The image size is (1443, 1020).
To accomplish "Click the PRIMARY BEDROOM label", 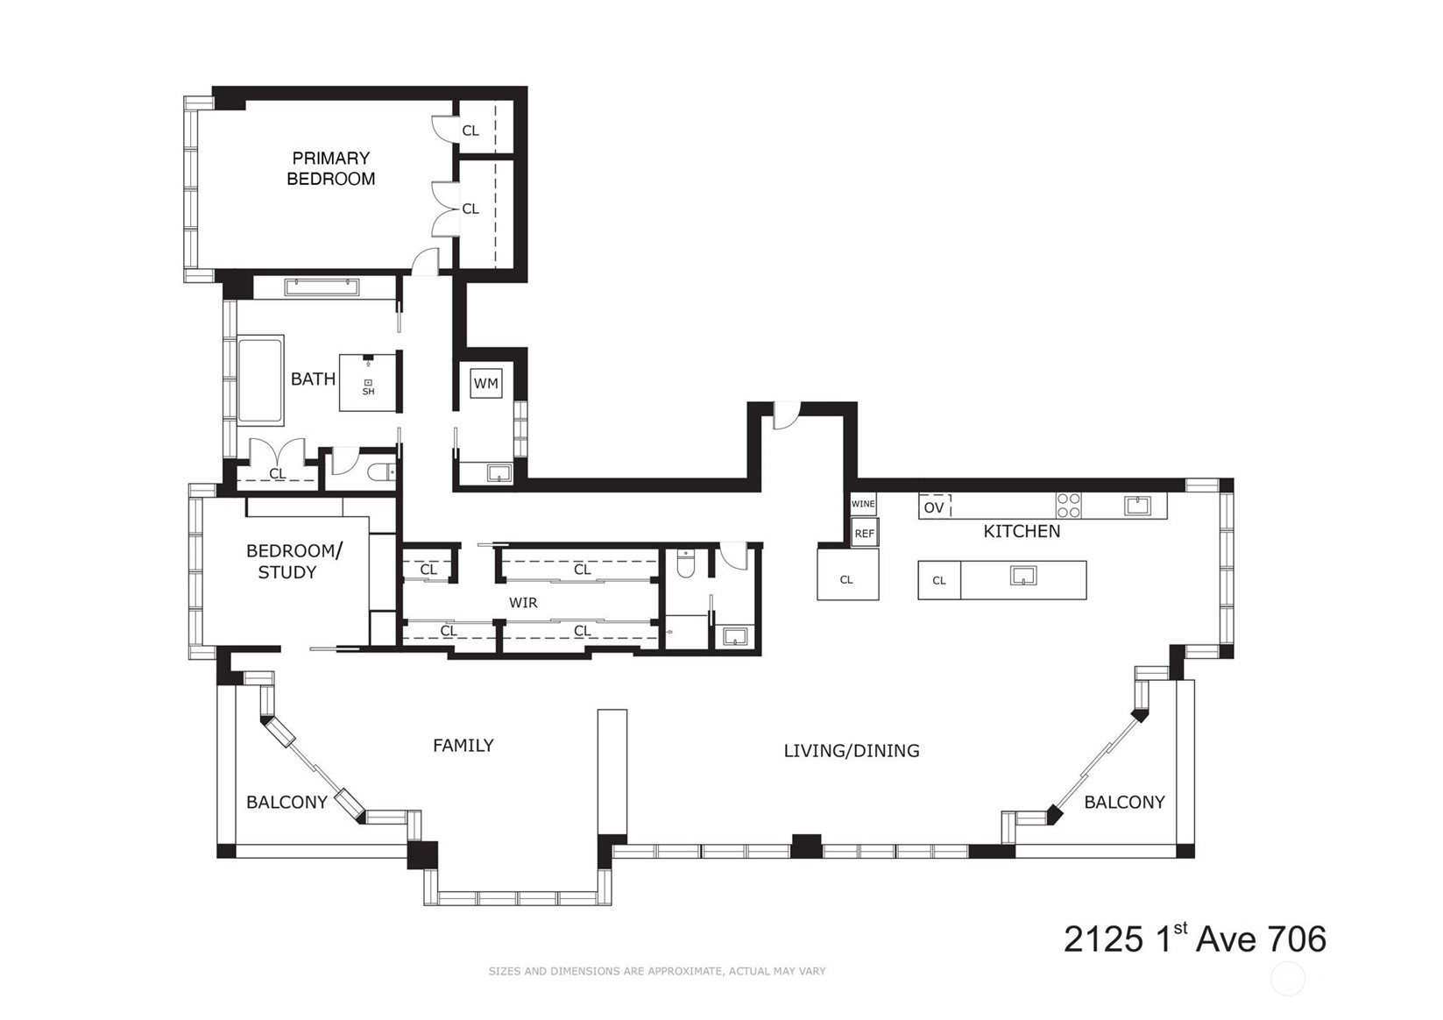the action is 330,168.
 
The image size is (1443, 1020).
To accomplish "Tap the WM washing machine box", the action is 485,384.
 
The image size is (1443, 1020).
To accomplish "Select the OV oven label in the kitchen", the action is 933,507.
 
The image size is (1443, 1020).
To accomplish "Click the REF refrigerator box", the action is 865,534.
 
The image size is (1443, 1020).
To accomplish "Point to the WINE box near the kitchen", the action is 863,504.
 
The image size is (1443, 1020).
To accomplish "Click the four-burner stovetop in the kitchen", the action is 1068,505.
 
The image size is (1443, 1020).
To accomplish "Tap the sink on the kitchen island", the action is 1023,576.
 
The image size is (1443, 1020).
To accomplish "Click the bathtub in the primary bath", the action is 261,380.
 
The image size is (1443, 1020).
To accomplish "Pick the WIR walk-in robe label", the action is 523,603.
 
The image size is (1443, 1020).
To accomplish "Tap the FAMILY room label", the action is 463,746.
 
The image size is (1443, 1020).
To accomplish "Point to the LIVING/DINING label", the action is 852,751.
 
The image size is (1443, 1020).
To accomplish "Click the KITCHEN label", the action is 1022,531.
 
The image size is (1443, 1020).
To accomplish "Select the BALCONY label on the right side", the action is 1124,802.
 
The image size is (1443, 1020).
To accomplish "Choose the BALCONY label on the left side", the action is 286,802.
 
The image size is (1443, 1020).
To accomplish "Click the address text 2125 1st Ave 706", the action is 1194,939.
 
